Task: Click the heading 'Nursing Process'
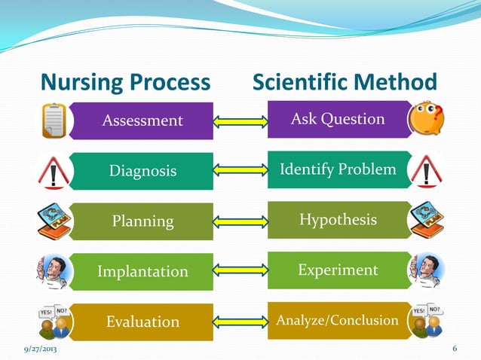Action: [124, 81]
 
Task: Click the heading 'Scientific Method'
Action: [345, 81]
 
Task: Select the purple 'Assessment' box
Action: [143, 121]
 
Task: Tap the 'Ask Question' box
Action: [338, 119]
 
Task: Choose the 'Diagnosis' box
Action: [143, 171]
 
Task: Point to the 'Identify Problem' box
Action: [338, 169]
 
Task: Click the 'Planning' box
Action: [143, 221]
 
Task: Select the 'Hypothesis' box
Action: [338, 219]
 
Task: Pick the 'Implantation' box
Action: [143, 271]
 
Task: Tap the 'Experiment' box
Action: [338, 270]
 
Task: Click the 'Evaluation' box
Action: [143, 322]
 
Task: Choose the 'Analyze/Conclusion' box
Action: [337, 320]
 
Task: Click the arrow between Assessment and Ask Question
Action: [240, 121]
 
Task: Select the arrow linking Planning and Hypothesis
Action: [240, 221]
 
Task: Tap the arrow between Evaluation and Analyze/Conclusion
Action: [240, 322]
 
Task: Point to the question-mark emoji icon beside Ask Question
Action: [425, 120]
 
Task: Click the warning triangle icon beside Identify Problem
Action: [426, 171]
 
